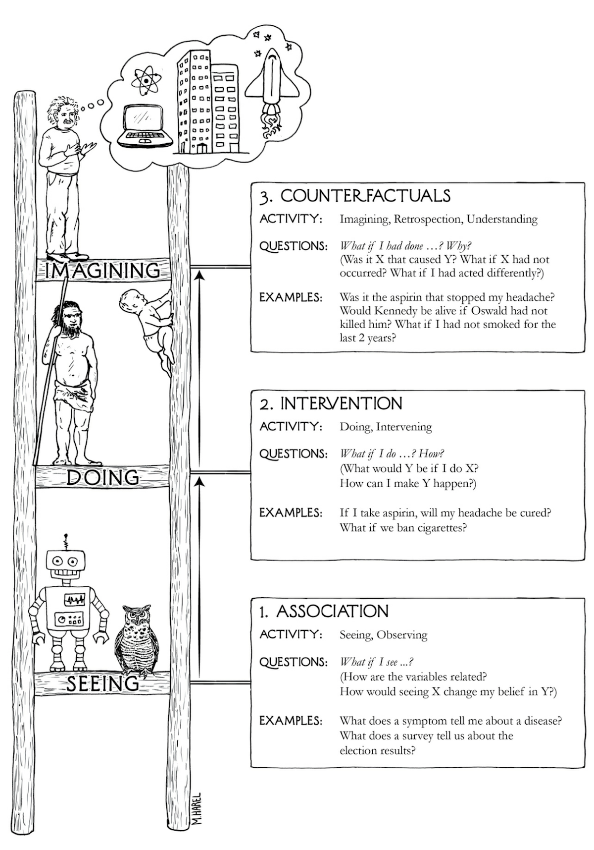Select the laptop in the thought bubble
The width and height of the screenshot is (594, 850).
pos(144,126)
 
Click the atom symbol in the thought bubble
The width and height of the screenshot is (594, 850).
pos(144,79)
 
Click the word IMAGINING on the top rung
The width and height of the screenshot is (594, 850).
pos(102,271)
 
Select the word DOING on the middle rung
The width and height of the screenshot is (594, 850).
pos(102,477)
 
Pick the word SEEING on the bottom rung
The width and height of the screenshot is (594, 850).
pos(102,684)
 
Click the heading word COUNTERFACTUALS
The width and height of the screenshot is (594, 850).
pos(365,196)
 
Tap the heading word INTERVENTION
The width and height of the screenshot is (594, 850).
pos(342,403)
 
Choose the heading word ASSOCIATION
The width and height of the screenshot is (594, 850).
pos(332,611)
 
